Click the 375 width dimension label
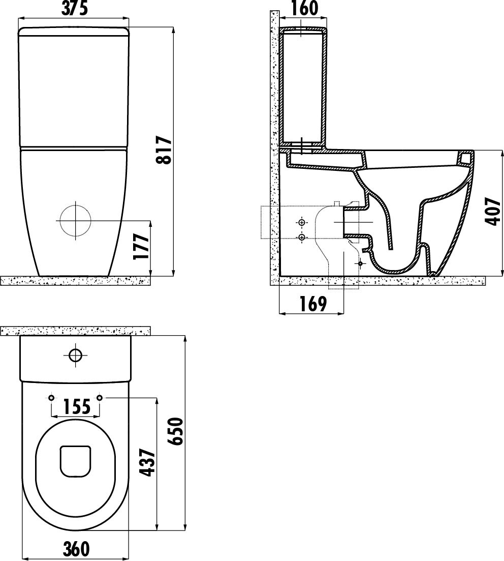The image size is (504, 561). tap(74, 9)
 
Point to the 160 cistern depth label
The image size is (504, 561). tap(304, 9)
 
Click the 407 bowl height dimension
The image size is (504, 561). tap(494, 212)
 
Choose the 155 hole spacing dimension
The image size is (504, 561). tap(77, 407)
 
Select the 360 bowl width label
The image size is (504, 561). tap(76, 549)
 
